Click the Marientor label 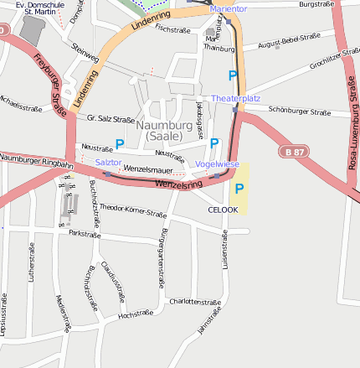point(229,8)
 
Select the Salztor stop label point(108,161)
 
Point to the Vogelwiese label point(217,163)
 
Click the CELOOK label point(223,210)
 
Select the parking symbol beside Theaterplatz point(233,76)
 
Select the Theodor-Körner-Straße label point(133,210)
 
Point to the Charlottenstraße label point(193,301)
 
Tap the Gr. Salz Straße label point(111,119)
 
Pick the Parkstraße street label point(85,233)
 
